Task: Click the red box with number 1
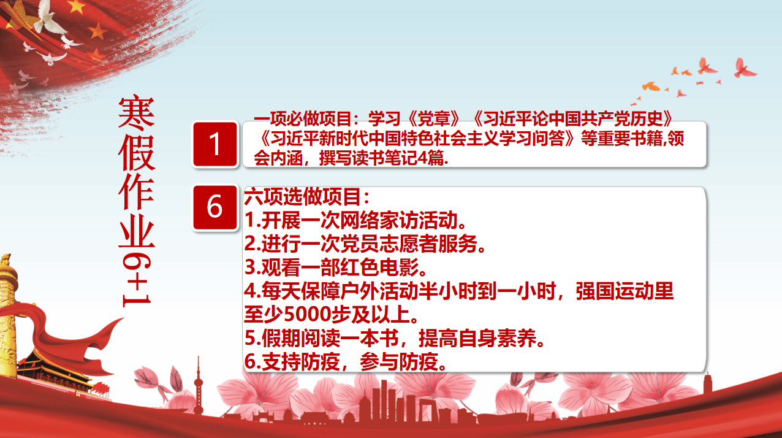215,144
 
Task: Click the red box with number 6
215,207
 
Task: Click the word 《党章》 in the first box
433,119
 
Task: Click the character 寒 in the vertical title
136,112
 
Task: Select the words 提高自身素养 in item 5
477,338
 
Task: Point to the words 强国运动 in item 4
615,291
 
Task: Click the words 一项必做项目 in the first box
302,119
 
